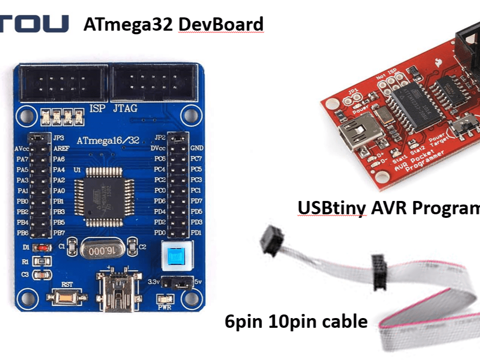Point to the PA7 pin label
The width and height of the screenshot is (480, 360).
[x=22, y=159]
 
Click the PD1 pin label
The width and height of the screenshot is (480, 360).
[x=197, y=233]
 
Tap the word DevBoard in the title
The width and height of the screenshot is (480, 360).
[x=221, y=25]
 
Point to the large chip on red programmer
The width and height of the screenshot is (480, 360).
[x=416, y=106]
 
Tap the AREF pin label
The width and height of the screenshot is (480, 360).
[x=60, y=148]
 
